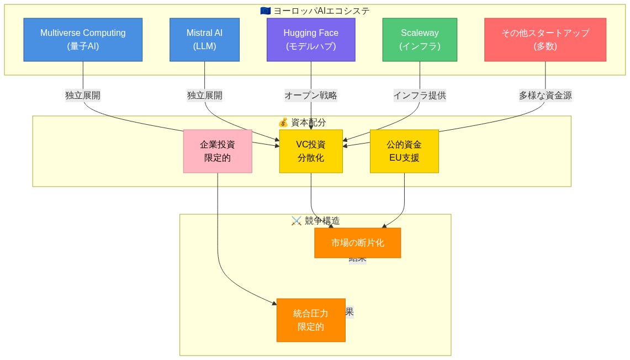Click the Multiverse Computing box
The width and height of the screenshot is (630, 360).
click(x=83, y=40)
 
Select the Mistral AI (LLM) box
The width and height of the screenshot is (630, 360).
click(x=204, y=40)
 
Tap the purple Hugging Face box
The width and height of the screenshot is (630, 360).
click(x=311, y=40)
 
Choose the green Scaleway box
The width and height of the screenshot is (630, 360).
click(x=420, y=40)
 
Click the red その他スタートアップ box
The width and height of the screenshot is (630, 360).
click(x=545, y=40)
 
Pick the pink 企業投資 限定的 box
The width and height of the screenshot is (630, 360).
click(x=218, y=151)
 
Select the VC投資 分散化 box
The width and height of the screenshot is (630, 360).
click(x=311, y=151)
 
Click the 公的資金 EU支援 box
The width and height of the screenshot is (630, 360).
click(x=404, y=151)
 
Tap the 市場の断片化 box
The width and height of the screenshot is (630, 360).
click(x=357, y=243)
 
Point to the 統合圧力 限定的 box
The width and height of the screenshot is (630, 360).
click(x=311, y=320)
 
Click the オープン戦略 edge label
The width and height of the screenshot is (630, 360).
click(x=311, y=96)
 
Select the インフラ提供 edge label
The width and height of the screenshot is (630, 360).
click(x=420, y=96)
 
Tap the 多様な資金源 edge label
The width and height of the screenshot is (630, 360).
click(x=545, y=96)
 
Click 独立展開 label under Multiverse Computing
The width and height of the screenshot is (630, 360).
click(x=83, y=96)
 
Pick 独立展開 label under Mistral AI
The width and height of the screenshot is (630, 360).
click(x=204, y=96)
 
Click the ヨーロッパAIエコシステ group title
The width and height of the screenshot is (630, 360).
click(x=321, y=11)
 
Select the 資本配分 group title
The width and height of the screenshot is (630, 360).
click(x=308, y=122)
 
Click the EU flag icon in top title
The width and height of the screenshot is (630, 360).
click(x=265, y=11)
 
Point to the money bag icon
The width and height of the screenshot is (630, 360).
click(x=283, y=122)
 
